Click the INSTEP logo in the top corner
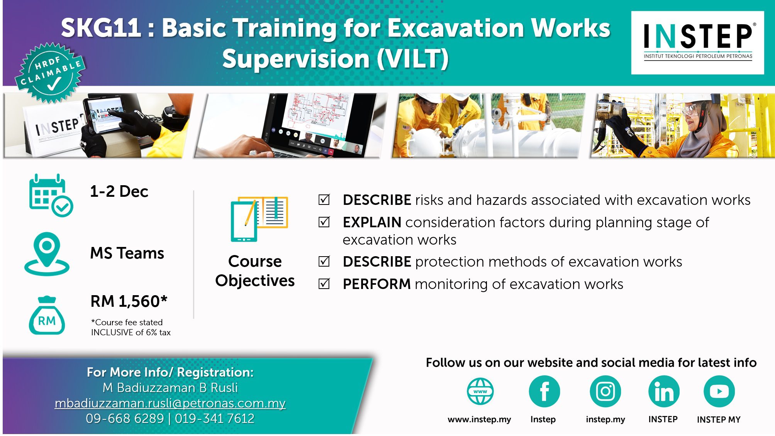pyautogui.click(x=697, y=42)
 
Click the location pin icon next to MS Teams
pyautogui.click(x=47, y=254)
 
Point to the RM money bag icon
pyautogui.click(x=47, y=315)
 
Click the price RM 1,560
pyautogui.click(x=129, y=301)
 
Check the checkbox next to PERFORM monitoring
pyautogui.click(x=324, y=284)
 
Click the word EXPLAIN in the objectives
pyautogui.click(x=372, y=223)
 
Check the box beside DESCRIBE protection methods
pyautogui.click(x=324, y=261)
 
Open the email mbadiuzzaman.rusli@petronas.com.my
pyautogui.click(x=170, y=403)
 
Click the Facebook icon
pyautogui.click(x=544, y=392)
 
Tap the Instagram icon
pyautogui.click(x=605, y=392)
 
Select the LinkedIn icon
pyautogui.click(x=664, y=392)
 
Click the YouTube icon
pyautogui.click(x=719, y=392)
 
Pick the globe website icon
pyautogui.click(x=480, y=391)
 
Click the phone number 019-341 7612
pyautogui.click(x=215, y=419)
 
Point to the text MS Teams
pyautogui.click(x=127, y=253)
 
